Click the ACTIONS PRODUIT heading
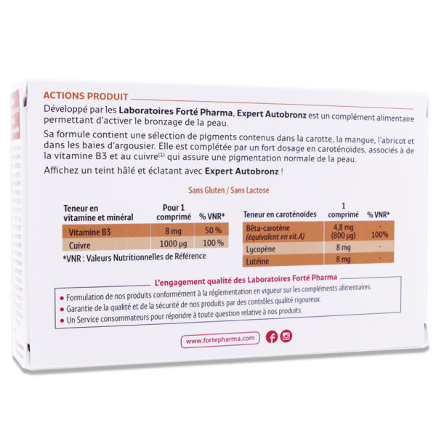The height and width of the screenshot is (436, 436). (x=86, y=96)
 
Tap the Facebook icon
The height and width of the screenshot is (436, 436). (x=272, y=336)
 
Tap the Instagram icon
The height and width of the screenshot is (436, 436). (x=286, y=336)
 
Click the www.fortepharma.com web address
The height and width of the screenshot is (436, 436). (x=220, y=339)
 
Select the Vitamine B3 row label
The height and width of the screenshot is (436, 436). (x=89, y=232)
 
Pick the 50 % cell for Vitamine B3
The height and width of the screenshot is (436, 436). (x=213, y=230)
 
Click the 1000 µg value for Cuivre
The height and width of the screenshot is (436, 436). (x=173, y=244)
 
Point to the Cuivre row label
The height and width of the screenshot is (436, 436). (x=79, y=246)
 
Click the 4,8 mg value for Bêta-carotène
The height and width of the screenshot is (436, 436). (x=343, y=227)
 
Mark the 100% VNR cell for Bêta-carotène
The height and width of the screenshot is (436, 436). (x=379, y=235)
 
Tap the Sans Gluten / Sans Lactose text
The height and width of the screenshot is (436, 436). (x=229, y=190)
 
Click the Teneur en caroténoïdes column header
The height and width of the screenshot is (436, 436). (x=280, y=214)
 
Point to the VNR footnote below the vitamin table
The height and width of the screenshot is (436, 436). (x=134, y=257)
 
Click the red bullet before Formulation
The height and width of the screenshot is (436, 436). (x=62, y=299)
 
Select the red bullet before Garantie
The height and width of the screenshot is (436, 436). (x=62, y=310)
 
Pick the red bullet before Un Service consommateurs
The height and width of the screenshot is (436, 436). (x=62, y=320)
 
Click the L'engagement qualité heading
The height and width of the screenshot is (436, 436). (x=246, y=280)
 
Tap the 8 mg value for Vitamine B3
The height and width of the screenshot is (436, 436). (x=173, y=231)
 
